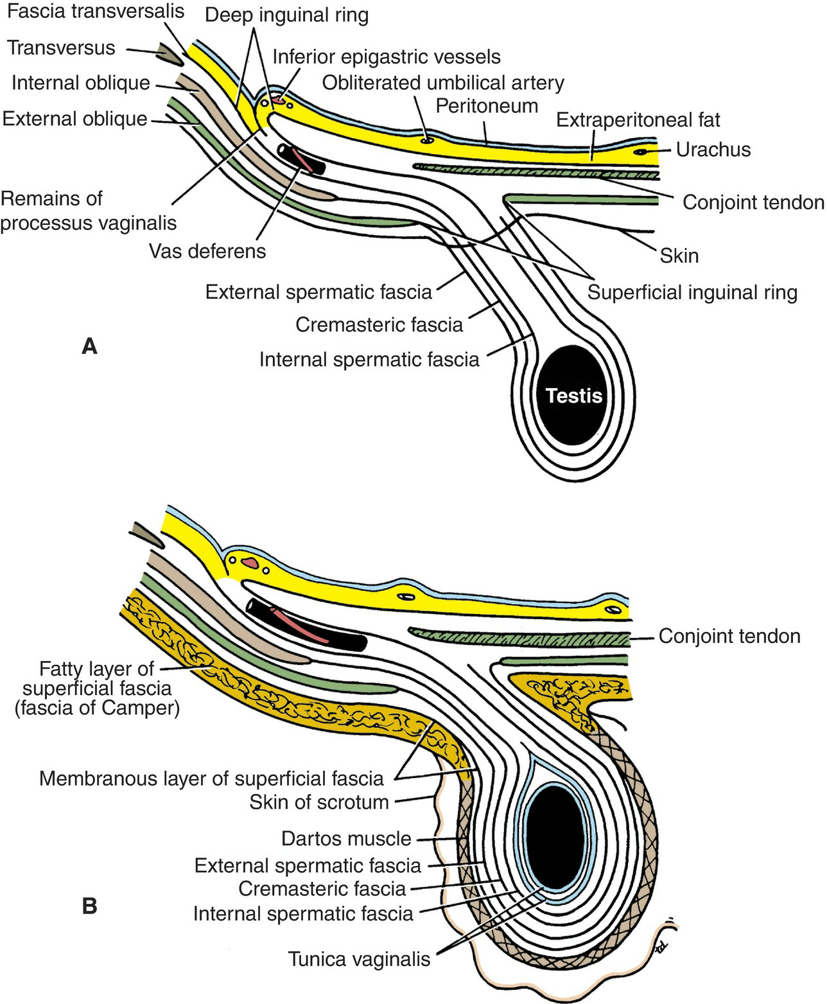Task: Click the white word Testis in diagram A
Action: [x=573, y=395]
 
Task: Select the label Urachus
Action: [x=713, y=150]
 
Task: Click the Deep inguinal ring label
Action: [x=287, y=15]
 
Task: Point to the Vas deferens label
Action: [x=207, y=251]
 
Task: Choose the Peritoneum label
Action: [x=487, y=105]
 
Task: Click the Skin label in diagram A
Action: [x=679, y=256]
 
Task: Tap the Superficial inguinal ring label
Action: [x=692, y=292]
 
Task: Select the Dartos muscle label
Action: [x=346, y=838]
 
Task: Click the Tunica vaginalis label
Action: [x=360, y=960]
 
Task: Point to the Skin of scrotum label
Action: [x=319, y=802]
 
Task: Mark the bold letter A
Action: [x=90, y=347]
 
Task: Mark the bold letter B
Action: [x=90, y=906]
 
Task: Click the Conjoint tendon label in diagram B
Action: [x=729, y=637]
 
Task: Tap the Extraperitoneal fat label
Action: [x=638, y=119]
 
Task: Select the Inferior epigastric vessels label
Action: [x=387, y=57]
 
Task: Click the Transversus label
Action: [x=61, y=48]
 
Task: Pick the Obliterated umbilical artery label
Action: [x=443, y=82]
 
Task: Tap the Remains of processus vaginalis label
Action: [x=88, y=211]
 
